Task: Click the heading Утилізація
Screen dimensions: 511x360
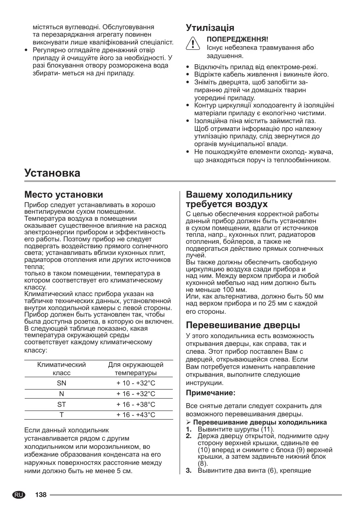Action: point(210,28)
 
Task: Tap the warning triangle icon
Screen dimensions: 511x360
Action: point(193,43)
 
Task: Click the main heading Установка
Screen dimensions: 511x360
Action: point(52,173)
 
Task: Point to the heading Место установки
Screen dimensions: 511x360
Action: point(64,194)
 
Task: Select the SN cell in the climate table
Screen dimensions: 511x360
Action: point(61,383)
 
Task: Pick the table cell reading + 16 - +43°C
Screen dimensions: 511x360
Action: point(136,415)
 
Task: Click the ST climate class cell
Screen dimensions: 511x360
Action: point(61,404)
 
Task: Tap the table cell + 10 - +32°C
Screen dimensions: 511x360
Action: point(136,383)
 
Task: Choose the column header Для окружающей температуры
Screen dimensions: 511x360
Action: point(136,369)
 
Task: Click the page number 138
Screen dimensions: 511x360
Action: point(41,494)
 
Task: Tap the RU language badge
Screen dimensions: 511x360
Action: point(18,494)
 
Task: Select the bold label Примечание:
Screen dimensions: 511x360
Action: point(210,393)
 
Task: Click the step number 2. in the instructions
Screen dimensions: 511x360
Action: point(189,436)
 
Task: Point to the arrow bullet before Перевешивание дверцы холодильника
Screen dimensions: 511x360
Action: point(188,422)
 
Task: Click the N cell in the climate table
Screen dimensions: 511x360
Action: point(61,394)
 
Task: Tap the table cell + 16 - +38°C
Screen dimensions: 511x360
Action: point(136,404)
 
